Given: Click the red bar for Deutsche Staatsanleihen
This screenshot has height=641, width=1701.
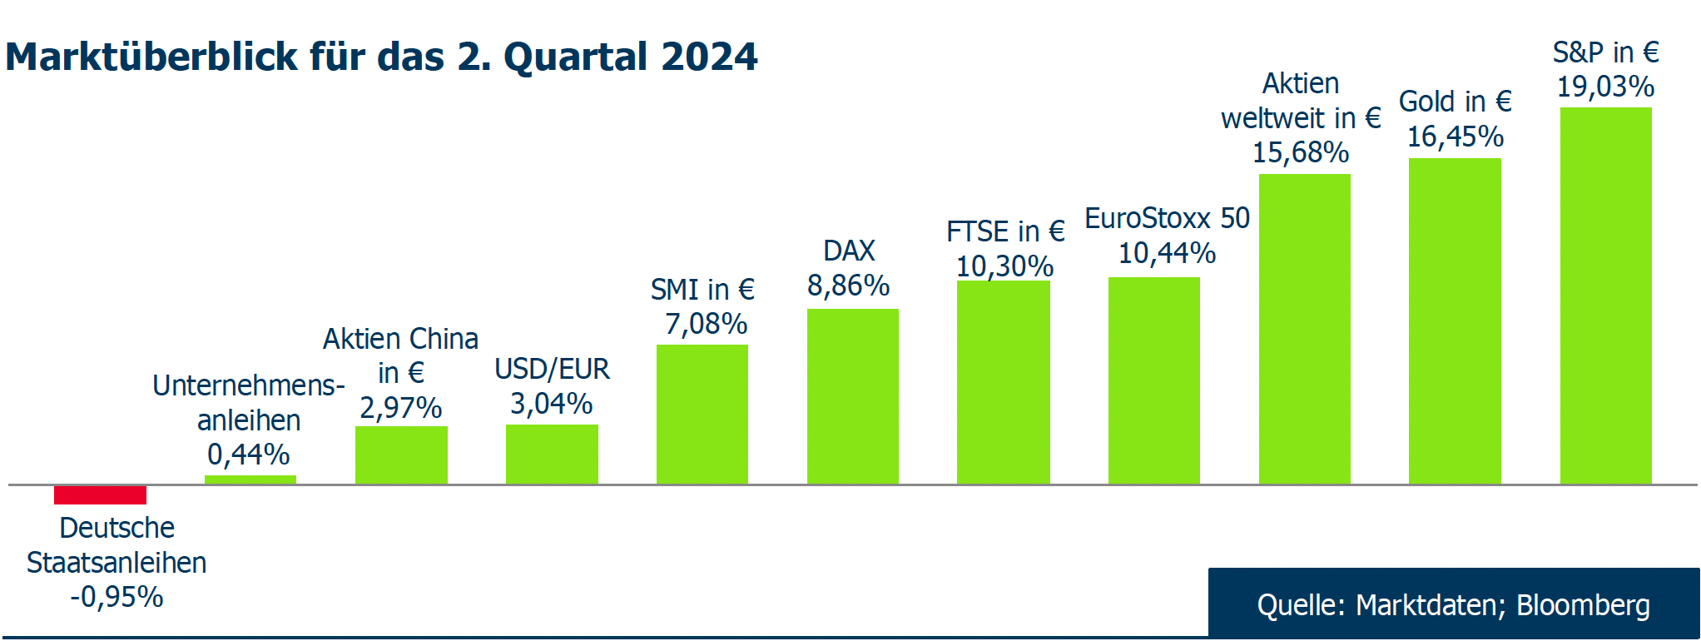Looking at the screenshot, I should (100, 494).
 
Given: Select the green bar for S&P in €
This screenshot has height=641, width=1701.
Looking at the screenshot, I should (1605, 296).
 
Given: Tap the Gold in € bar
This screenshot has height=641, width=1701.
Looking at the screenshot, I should (1455, 320).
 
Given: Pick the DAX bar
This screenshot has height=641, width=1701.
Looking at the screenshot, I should (852, 396).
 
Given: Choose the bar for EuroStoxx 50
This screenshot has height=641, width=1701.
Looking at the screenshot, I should (1153, 380).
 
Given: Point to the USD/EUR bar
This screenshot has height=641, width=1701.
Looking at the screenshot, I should (552, 454).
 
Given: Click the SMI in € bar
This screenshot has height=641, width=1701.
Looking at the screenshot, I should (702, 414).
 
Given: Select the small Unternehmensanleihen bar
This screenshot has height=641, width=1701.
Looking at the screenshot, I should (250, 480).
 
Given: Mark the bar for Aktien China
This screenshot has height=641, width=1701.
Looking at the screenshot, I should (401, 455).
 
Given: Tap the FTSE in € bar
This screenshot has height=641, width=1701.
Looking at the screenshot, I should (1003, 382).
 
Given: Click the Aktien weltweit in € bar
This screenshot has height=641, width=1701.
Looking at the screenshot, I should (1304, 329).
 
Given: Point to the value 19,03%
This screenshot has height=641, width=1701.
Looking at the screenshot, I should (1605, 87).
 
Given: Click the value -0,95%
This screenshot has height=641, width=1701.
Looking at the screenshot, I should (117, 597).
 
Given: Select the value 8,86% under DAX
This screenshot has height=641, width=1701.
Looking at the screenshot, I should (848, 286).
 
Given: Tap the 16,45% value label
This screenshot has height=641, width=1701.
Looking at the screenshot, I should (1455, 137).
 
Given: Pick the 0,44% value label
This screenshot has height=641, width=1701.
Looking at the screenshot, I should (248, 455).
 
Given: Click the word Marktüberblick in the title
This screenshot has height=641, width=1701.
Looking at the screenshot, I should (151, 57).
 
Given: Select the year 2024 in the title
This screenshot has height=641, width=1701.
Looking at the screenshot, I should (709, 57).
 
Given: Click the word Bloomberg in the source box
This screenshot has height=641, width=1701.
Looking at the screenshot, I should (1582, 605).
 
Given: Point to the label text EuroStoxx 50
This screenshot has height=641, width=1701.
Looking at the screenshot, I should (1167, 218).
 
